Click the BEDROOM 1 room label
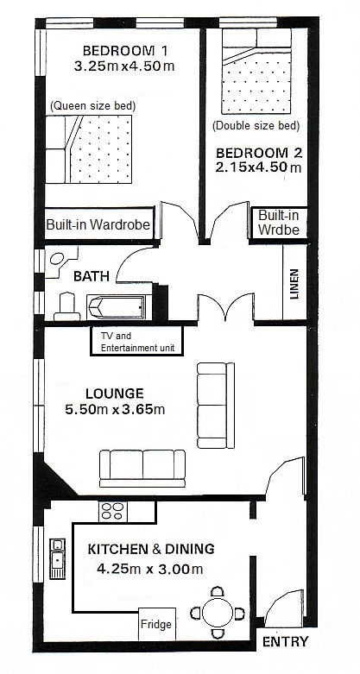coord(124,51)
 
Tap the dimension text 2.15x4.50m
coord(258,167)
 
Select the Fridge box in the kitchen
coord(157,624)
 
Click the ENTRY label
coord(285,642)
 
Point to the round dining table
coord(218,613)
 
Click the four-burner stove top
coord(111,512)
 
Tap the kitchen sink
coord(57,558)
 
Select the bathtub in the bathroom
coord(116,307)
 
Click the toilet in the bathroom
coord(66,306)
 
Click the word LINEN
coord(294,284)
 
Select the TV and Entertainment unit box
coord(136,341)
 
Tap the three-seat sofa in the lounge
coord(142,469)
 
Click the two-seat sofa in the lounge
coord(216,406)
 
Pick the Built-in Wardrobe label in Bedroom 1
coord(98,224)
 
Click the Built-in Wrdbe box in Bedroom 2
coord(279,223)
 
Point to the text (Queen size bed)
coord(93,106)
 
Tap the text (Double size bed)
coord(256,126)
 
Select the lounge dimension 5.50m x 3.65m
coord(115,409)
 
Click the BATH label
coord(92,276)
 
